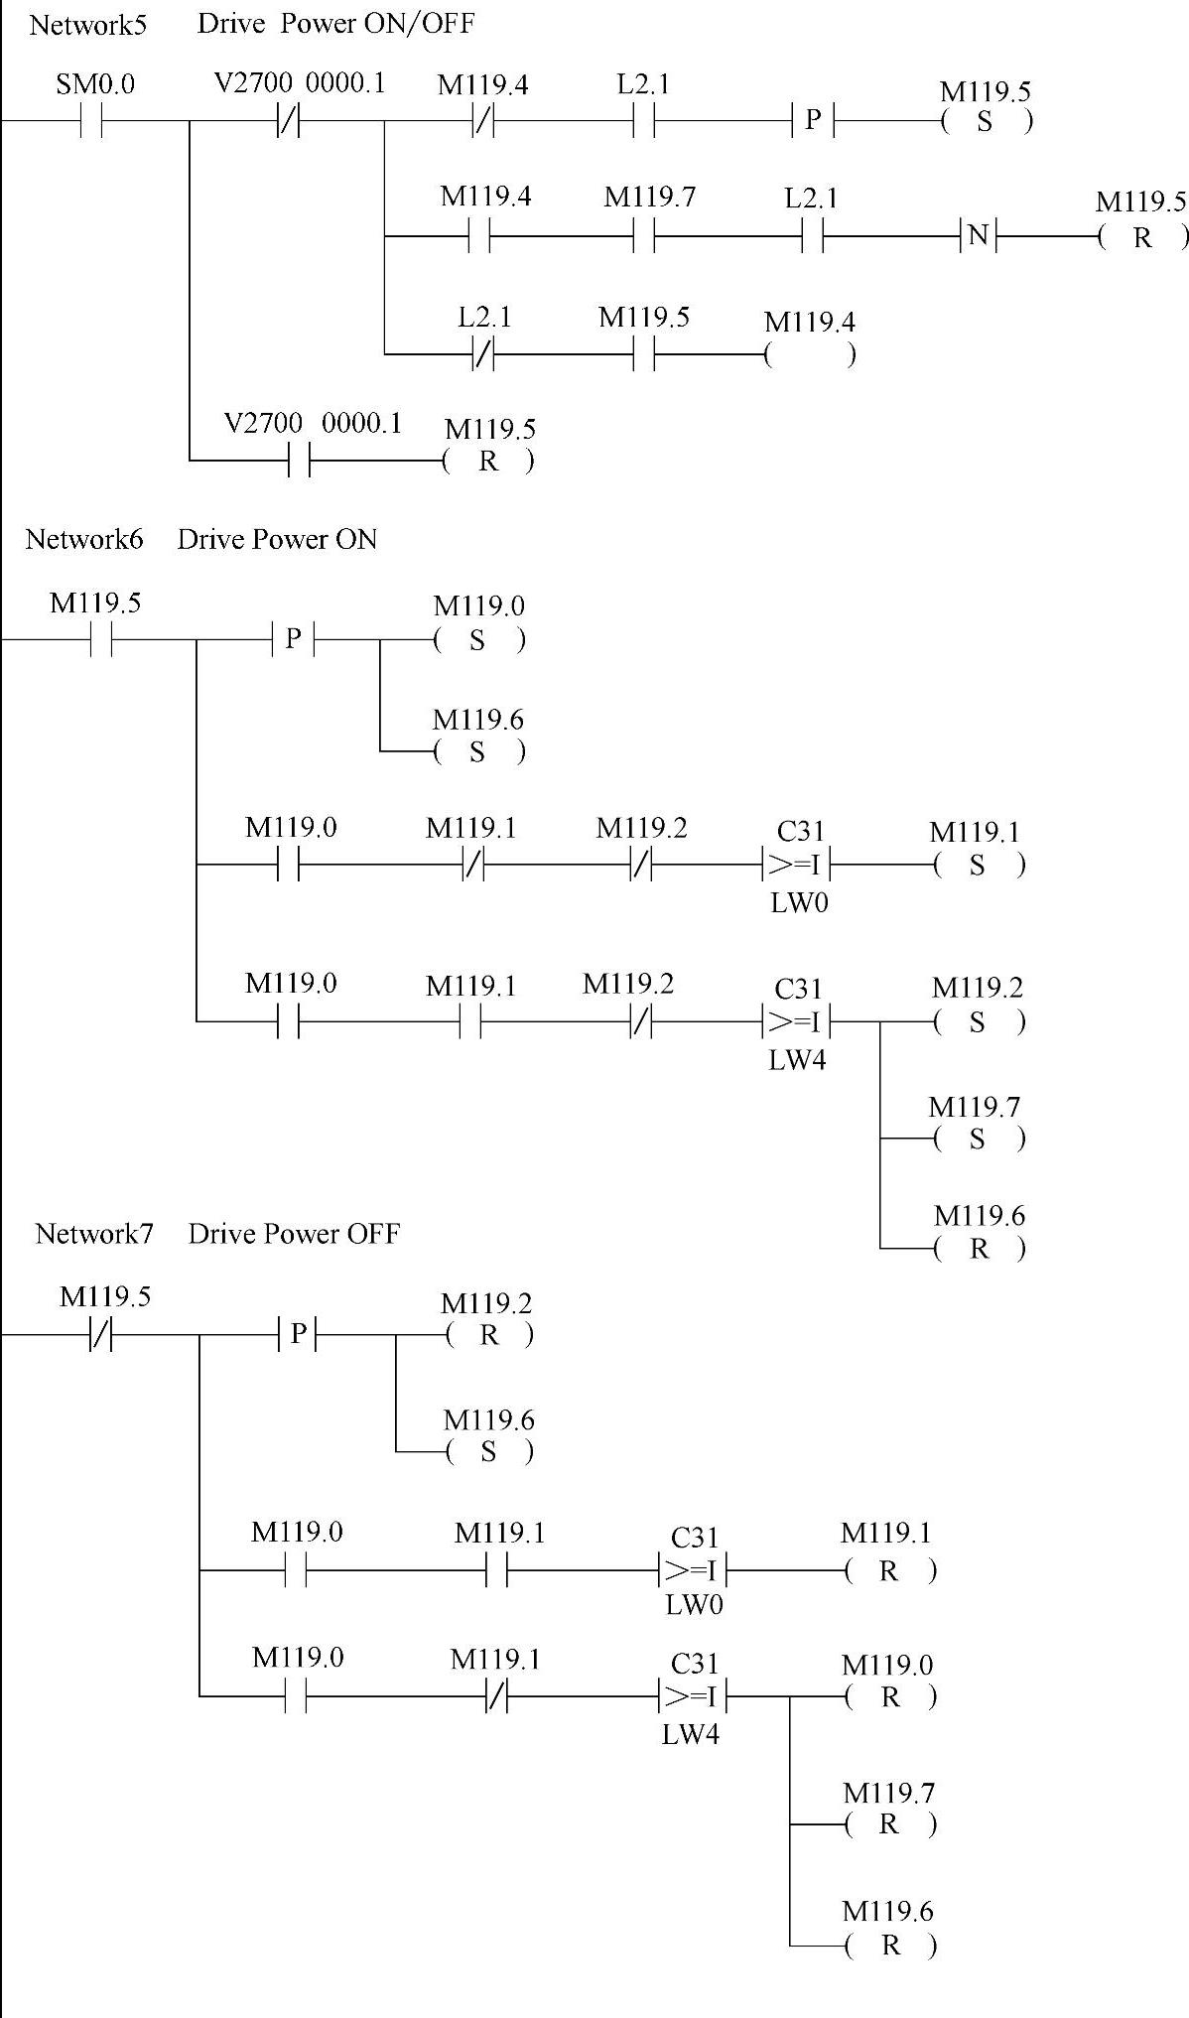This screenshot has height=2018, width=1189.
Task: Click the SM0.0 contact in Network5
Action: click(90, 121)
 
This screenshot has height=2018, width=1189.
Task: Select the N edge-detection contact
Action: click(978, 236)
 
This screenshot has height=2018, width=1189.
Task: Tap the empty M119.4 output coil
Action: click(810, 354)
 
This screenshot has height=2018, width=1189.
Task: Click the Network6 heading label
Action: click(84, 540)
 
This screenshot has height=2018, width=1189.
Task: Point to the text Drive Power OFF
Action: click(294, 1234)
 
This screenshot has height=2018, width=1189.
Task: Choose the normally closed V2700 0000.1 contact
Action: click(288, 121)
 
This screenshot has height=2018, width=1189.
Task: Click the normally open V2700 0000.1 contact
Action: click(299, 461)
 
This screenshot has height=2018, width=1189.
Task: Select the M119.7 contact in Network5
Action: click(644, 237)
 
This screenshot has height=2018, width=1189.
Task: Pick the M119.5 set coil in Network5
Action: click(985, 121)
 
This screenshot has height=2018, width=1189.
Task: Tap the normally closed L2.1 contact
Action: click(482, 354)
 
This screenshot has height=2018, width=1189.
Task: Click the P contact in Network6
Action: click(293, 639)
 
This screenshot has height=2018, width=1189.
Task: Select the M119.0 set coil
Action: click(478, 640)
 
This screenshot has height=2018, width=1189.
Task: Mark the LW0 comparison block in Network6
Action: click(797, 866)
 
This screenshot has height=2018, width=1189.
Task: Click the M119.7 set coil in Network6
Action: click(978, 1139)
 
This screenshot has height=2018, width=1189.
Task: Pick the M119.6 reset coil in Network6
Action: click(979, 1249)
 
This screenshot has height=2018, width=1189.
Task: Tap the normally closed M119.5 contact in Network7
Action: click(101, 1336)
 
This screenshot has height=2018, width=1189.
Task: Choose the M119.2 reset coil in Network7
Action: click(488, 1336)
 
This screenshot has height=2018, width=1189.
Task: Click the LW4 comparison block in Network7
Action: click(693, 1696)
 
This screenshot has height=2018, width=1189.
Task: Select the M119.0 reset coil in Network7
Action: click(890, 1697)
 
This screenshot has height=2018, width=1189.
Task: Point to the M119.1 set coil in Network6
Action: click(978, 866)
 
